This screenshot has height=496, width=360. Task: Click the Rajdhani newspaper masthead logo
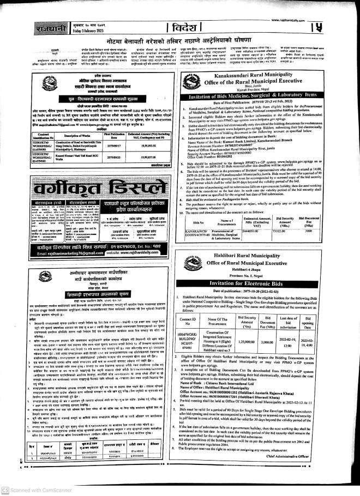point(20,26)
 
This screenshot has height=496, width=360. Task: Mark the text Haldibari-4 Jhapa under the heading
point(267,263)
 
